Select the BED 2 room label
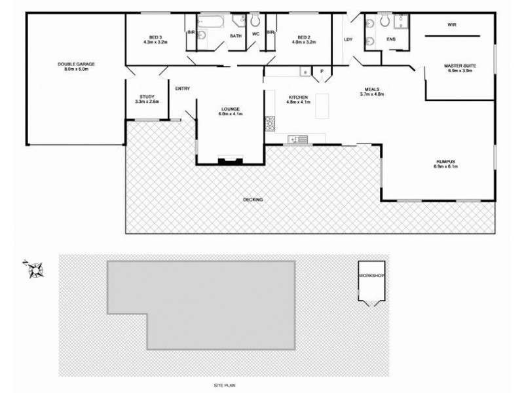[303, 37]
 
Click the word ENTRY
[182, 89]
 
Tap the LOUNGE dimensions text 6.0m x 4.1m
[231, 115]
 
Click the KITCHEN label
[299, 98]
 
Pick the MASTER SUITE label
[459, 66]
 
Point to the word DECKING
[253, 199]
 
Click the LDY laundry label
[348, 40]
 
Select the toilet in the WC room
[255, 22]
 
